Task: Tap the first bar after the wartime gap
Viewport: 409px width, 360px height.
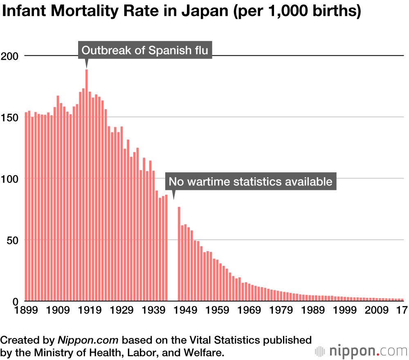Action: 179,254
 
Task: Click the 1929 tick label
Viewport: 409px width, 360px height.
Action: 122,310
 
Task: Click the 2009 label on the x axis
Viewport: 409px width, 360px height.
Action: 378,310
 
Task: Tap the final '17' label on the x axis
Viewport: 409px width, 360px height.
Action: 402,310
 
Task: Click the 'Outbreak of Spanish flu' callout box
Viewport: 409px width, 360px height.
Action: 145,50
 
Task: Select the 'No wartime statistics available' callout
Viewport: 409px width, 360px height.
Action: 251,181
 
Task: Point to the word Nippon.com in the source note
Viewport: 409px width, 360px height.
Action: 88,340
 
